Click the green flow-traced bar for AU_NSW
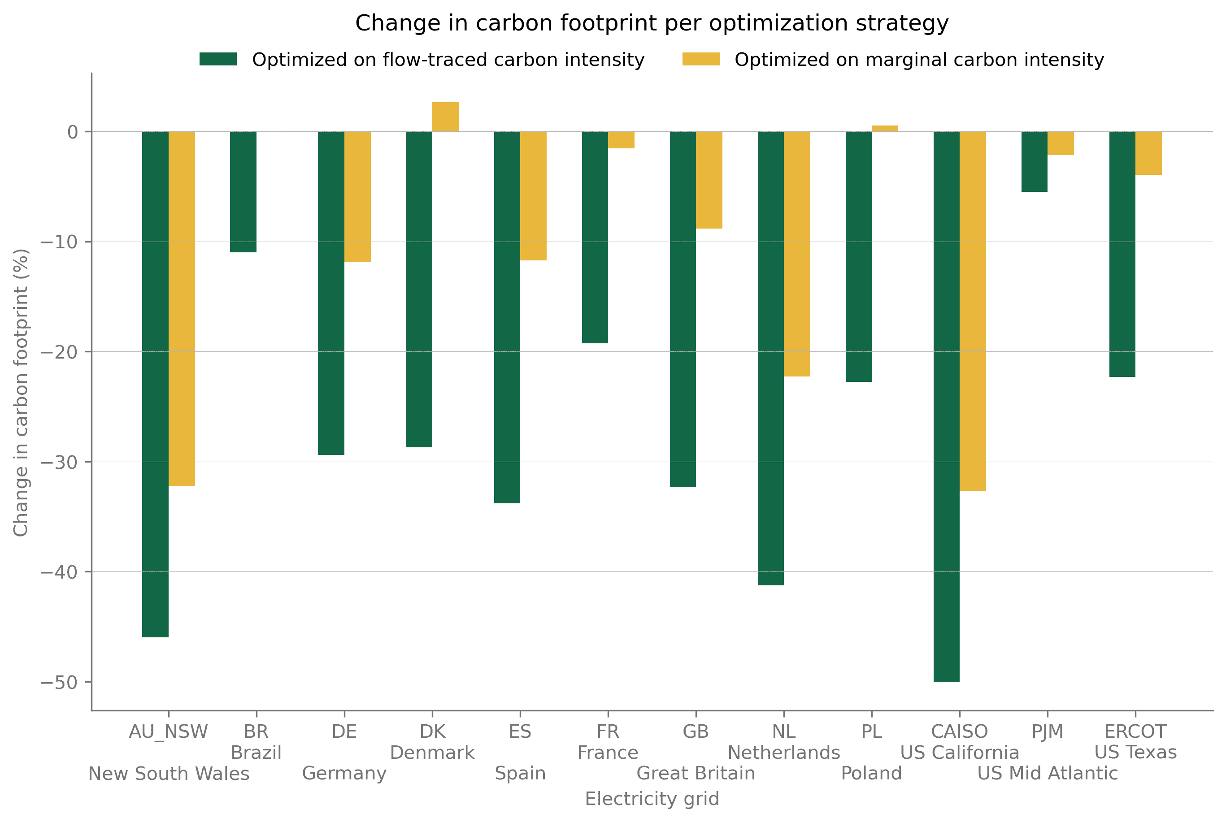155,384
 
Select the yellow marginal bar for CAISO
972,311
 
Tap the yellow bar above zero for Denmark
445,117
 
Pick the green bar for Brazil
243,192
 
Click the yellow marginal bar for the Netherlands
796,254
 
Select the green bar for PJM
1034,161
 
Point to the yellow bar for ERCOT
1148,153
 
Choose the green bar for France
595,238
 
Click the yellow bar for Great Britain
709,180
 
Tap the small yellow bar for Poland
885,129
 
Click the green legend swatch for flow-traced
218,59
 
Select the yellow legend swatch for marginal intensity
700,59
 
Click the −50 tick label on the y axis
59,682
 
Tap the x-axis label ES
520,731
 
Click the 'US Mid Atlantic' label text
1047,773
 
